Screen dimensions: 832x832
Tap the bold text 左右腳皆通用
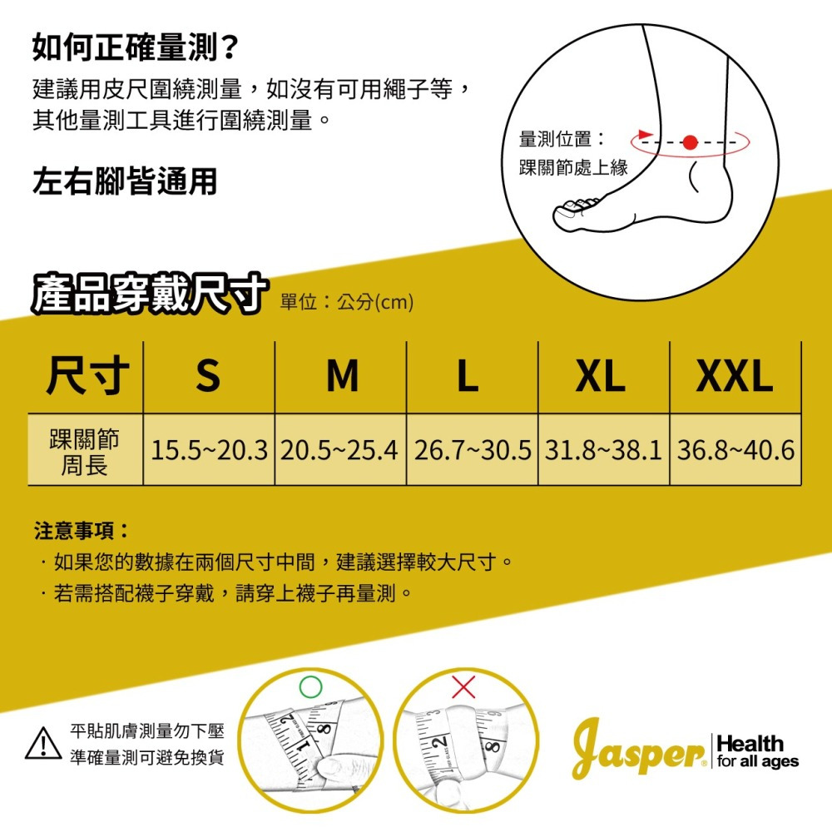(124, 181)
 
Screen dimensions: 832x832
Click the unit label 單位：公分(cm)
(347, 302)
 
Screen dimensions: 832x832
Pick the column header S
(208, 376)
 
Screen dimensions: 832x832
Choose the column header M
(341, 376)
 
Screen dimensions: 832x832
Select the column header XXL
(734, 376)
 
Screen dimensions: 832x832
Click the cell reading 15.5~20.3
(209, 450)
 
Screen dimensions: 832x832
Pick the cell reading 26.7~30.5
(472, 450)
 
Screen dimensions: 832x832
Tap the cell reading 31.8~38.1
(603, 450)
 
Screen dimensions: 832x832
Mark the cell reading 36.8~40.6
(735, 450)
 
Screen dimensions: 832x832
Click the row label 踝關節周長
(85, 450)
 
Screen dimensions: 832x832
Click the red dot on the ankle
(689, 142)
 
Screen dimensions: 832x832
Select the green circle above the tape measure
(309, 686)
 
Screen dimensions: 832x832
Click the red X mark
(463, 687)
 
